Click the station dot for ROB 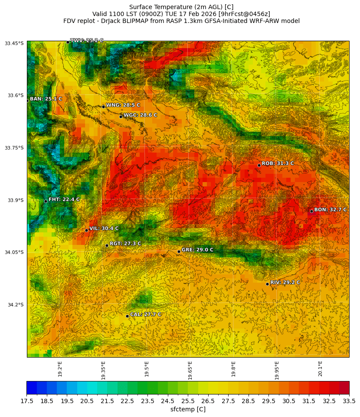259,165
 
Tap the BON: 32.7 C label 330,210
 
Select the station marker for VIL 86,230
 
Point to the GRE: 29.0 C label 197,250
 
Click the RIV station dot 267,284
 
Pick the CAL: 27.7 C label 146,315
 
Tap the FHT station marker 46,201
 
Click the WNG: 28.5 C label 123,105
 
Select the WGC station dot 121,117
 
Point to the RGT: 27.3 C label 125,244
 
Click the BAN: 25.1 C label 46,99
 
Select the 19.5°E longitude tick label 147,368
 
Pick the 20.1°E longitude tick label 320,368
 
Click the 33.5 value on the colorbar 349,401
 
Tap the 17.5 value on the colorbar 26,401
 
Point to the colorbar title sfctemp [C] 188,409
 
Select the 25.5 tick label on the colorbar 188,401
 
